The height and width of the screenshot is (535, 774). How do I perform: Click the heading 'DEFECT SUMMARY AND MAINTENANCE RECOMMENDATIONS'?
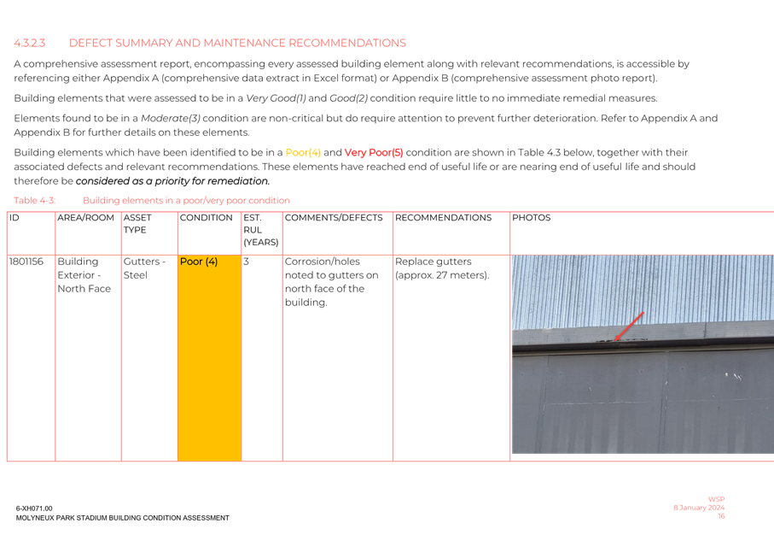point(237,43)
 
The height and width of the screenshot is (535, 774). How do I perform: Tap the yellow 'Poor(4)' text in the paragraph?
point(303,152)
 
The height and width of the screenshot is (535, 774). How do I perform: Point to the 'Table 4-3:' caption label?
point(34,200)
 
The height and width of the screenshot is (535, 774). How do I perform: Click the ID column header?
point(14,218)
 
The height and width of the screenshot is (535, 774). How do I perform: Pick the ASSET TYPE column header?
point(137,224)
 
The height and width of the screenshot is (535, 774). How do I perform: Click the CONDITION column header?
point(206,218)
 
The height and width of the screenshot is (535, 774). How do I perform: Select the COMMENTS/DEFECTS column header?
point(334,218)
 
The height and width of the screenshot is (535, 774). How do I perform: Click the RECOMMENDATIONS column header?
point(444,218)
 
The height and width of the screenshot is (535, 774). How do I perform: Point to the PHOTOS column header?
point(532,218)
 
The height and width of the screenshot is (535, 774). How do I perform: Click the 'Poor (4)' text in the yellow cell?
point(199,262)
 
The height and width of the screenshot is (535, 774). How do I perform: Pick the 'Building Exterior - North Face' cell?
point(84,275)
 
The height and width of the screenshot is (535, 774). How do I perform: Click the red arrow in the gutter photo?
point(630,326)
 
